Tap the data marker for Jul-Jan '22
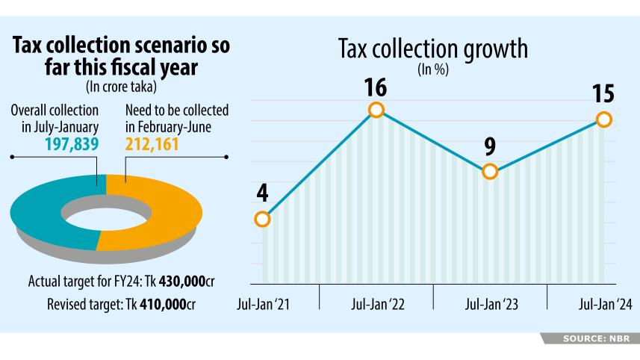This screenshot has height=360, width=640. point(376,110)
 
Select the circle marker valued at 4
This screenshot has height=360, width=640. point(261,219)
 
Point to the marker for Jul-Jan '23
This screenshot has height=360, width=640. point(490,171)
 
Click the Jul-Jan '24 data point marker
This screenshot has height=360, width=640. point(604,120)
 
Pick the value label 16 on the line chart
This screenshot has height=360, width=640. point(376,88)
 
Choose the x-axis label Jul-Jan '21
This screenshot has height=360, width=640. point(263,304)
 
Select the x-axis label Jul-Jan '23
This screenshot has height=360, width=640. point(491,304)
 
